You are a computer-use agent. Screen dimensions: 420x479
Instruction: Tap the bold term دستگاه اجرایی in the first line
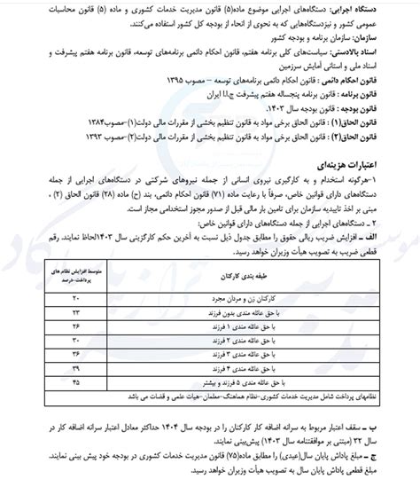[378, 8]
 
